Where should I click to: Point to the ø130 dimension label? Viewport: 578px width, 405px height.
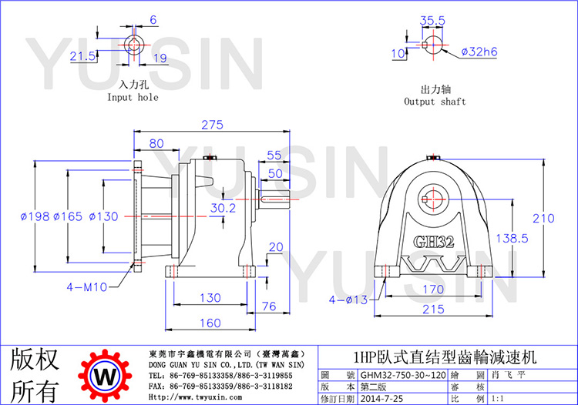tap(103, 217)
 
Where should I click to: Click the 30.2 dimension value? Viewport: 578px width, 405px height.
tap(223, 208)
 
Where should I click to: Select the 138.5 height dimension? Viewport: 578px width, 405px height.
tap(511, 239)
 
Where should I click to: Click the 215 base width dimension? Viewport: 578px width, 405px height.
tap(432, 310)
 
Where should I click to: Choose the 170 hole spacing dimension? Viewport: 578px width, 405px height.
tap(432, 290)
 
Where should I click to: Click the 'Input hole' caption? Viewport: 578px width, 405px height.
tap(133, 98)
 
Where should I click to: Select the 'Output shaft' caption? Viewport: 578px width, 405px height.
tap(435, 102)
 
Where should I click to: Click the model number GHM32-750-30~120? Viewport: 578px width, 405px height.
tap(403, 376)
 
